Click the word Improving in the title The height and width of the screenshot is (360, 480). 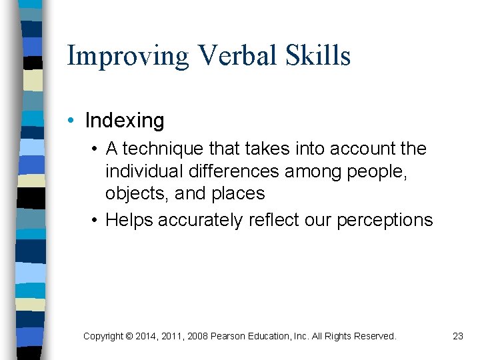[128, 56]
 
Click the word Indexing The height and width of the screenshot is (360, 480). [125, 121]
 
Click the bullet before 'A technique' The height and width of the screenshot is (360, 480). [97, 149]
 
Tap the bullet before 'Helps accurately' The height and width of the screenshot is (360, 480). [97, 220]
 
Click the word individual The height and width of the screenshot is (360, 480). [144, 171]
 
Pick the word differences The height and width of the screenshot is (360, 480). [233, 171]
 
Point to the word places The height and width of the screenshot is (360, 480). [238, 194]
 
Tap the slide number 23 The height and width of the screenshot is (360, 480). [457, 337]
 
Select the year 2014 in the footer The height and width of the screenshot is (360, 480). [147, 337]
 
